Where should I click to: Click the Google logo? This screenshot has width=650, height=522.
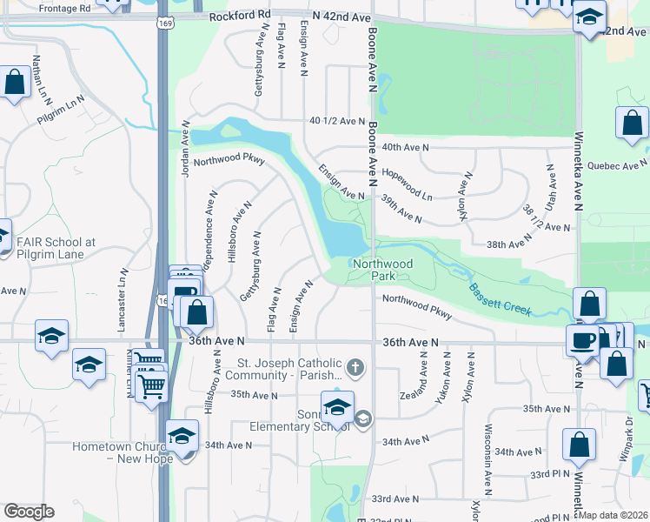(x=29, y=512)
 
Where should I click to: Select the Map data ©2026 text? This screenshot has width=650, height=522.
(x=614, y=515)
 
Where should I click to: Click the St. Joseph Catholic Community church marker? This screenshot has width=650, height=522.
(x=355, y=367)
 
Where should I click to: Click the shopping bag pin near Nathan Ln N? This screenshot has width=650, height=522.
(x=15, y=84)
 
